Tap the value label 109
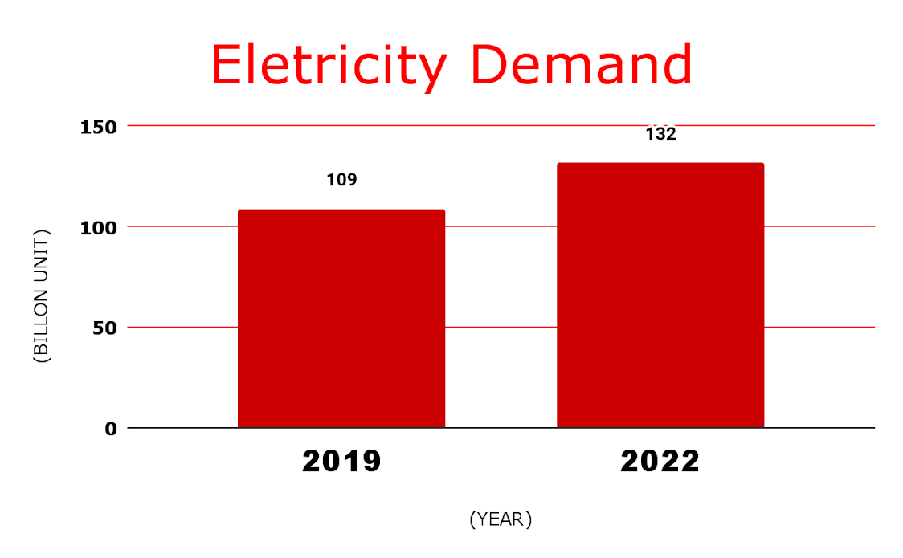(341, 179)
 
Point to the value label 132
(661, 134)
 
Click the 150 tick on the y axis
(99, 126)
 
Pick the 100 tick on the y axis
(99, 226)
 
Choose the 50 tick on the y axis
(104, 328)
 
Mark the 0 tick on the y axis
(110, 428)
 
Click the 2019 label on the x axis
(341, 462)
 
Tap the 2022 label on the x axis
(660, 462)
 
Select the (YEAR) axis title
(501, 519)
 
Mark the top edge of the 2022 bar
(660, 164)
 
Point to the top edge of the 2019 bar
(341, 210)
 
